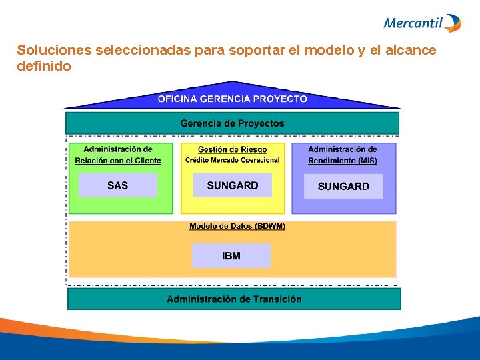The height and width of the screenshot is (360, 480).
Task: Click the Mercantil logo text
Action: (x=413, y=23)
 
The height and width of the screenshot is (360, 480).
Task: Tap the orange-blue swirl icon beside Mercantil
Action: (x=453, y=23)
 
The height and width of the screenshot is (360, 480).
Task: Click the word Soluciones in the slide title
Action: (x=55, y=51)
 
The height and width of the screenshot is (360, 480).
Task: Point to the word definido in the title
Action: (x=44, y=67)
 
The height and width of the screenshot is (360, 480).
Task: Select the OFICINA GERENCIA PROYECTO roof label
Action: (x=232, y=99)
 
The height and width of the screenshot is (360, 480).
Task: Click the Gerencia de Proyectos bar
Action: (x=232, y=123)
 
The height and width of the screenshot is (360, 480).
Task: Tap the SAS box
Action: (x=117, y=185)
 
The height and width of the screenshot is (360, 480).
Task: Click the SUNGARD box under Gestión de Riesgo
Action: (x=232, y=185)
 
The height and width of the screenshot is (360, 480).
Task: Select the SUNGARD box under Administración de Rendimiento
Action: (x=343, y=186)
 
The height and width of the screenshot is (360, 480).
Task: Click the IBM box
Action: (x=231, y=255)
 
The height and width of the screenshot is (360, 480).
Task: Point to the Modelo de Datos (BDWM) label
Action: (x=237, y=226)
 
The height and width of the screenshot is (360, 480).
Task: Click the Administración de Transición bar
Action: (x=234, y=299)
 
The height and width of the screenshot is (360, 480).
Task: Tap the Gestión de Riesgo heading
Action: (x=232, y=150)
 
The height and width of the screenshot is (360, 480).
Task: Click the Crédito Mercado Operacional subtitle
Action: (x=232, y=160)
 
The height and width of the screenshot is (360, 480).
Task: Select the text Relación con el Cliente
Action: (x=118, y=161)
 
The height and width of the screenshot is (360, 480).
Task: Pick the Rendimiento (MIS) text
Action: (x=343, y=161)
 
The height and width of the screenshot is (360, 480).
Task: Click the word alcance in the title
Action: (x=411, y=51)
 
